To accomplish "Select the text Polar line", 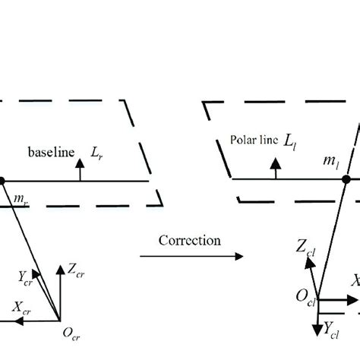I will [x=252, y=141].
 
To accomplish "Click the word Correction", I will [x=190, y=240].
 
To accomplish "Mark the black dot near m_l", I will [x=346, y=179].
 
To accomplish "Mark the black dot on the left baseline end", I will [x=2, y=180].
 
